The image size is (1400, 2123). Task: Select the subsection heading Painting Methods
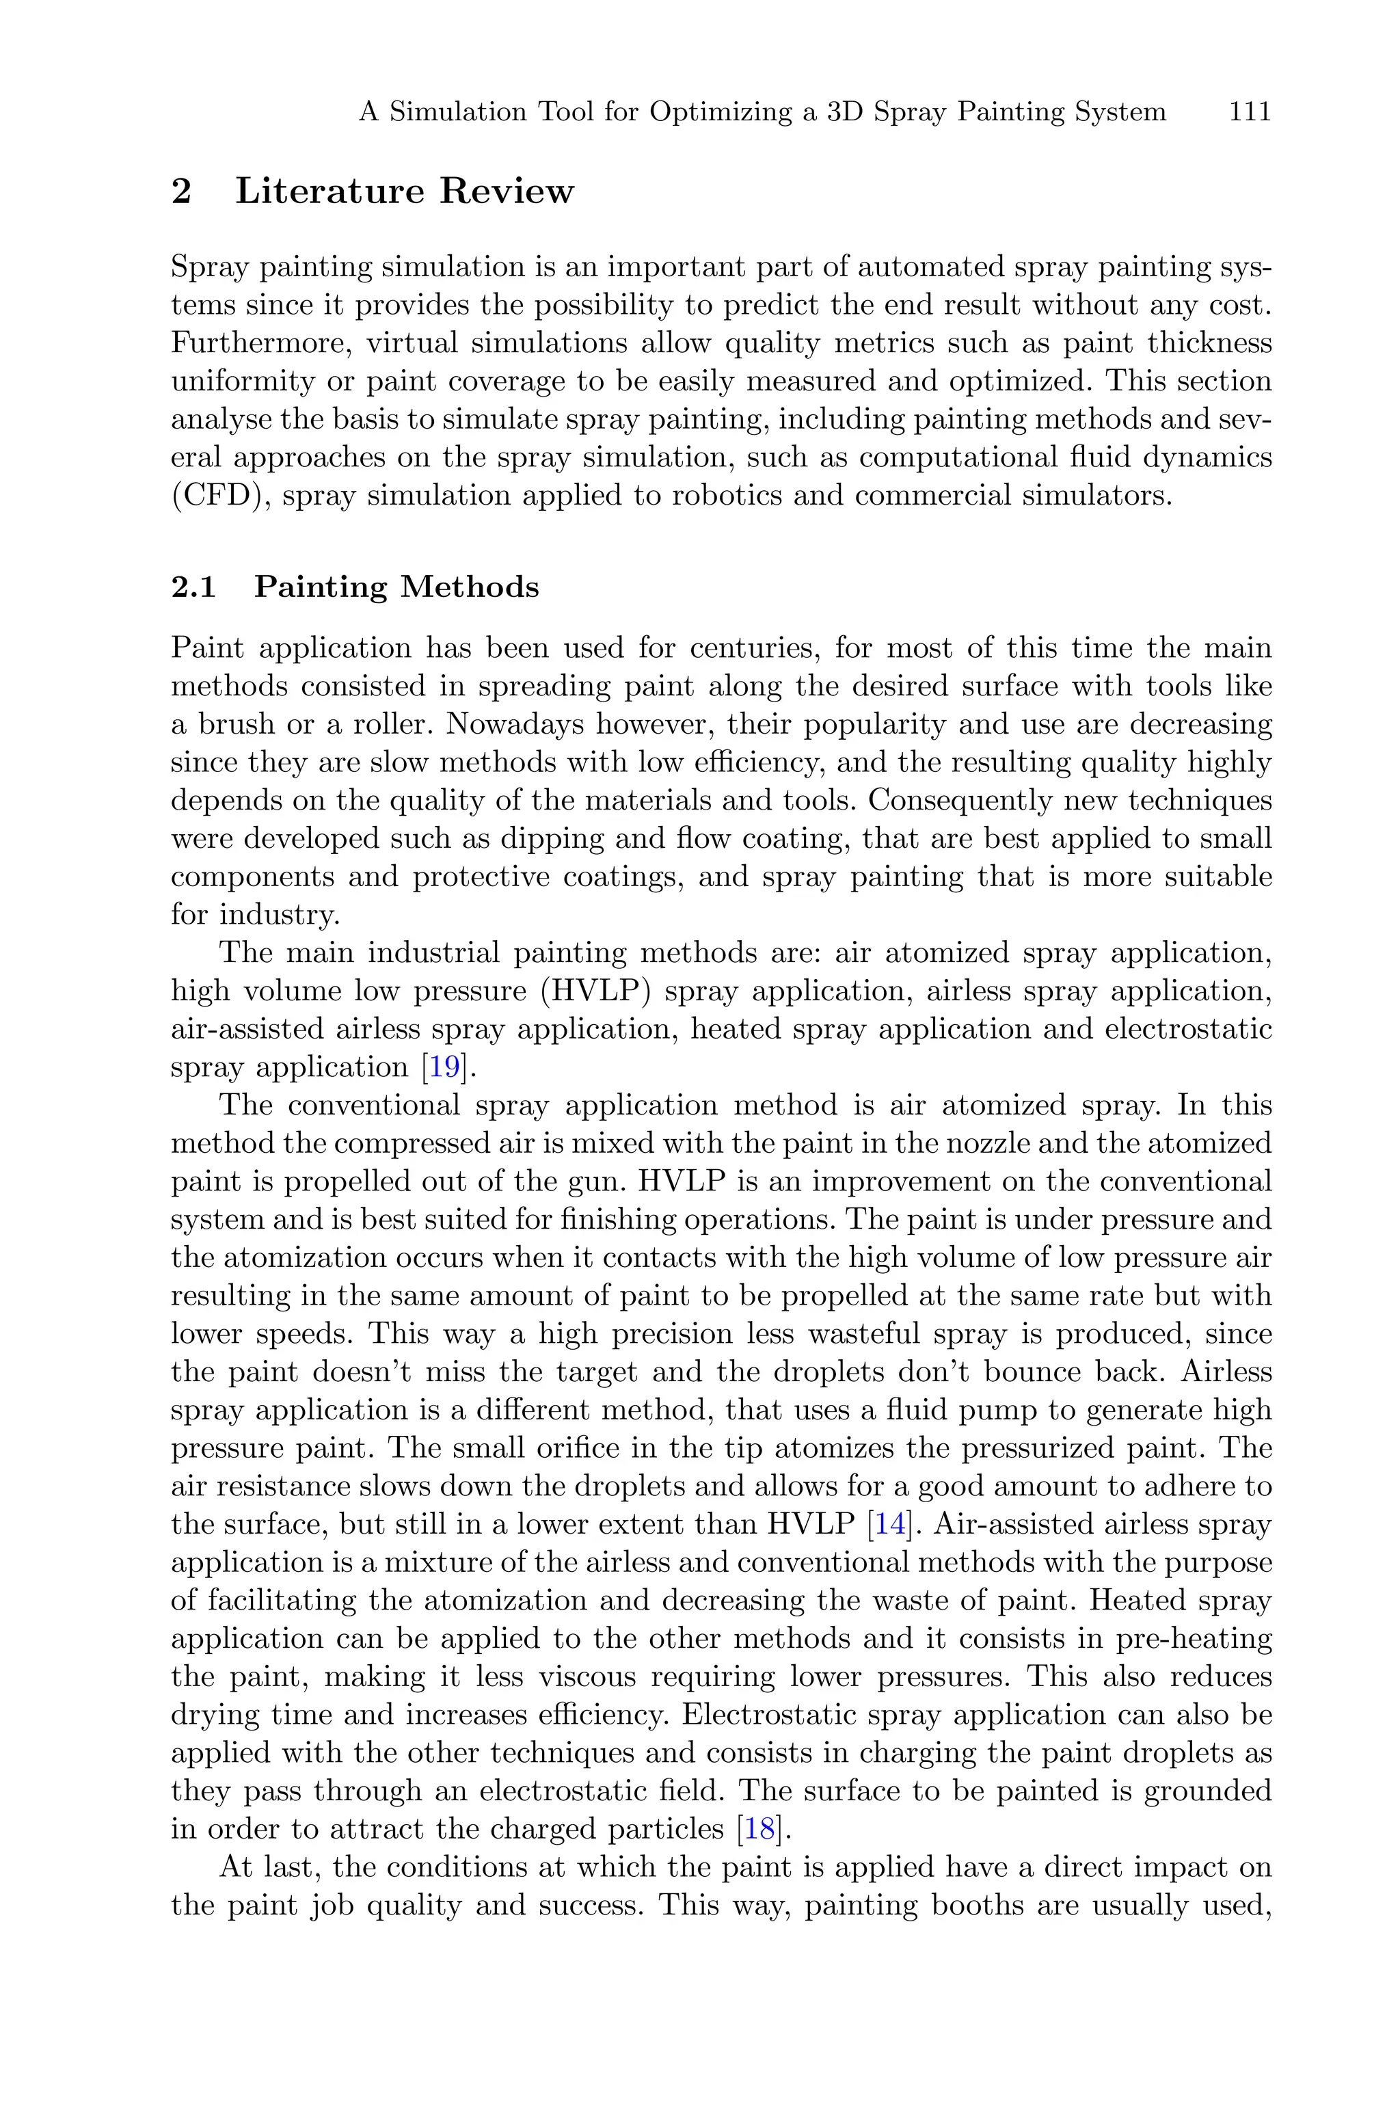(396, 587)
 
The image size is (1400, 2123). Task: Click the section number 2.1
(193, 587)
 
